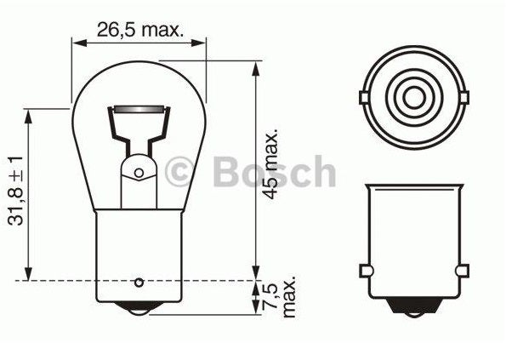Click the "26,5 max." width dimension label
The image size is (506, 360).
(139, 30)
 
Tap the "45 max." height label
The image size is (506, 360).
(272, 166)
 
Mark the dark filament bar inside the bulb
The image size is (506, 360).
(139, 110)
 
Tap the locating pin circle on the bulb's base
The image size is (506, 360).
(140, 280)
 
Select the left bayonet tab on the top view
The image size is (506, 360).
(365, 97)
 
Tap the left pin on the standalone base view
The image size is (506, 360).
(366, 271)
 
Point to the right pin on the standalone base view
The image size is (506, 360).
(463, 271)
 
